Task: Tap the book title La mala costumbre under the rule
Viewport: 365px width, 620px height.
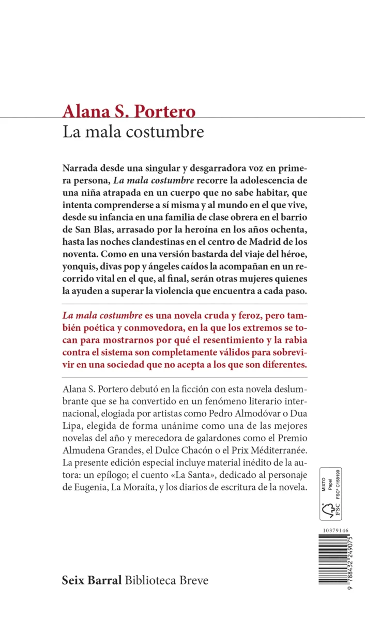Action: click(x=133, y=132)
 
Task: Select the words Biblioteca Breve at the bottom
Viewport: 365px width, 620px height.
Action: click(x=167, y=581)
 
